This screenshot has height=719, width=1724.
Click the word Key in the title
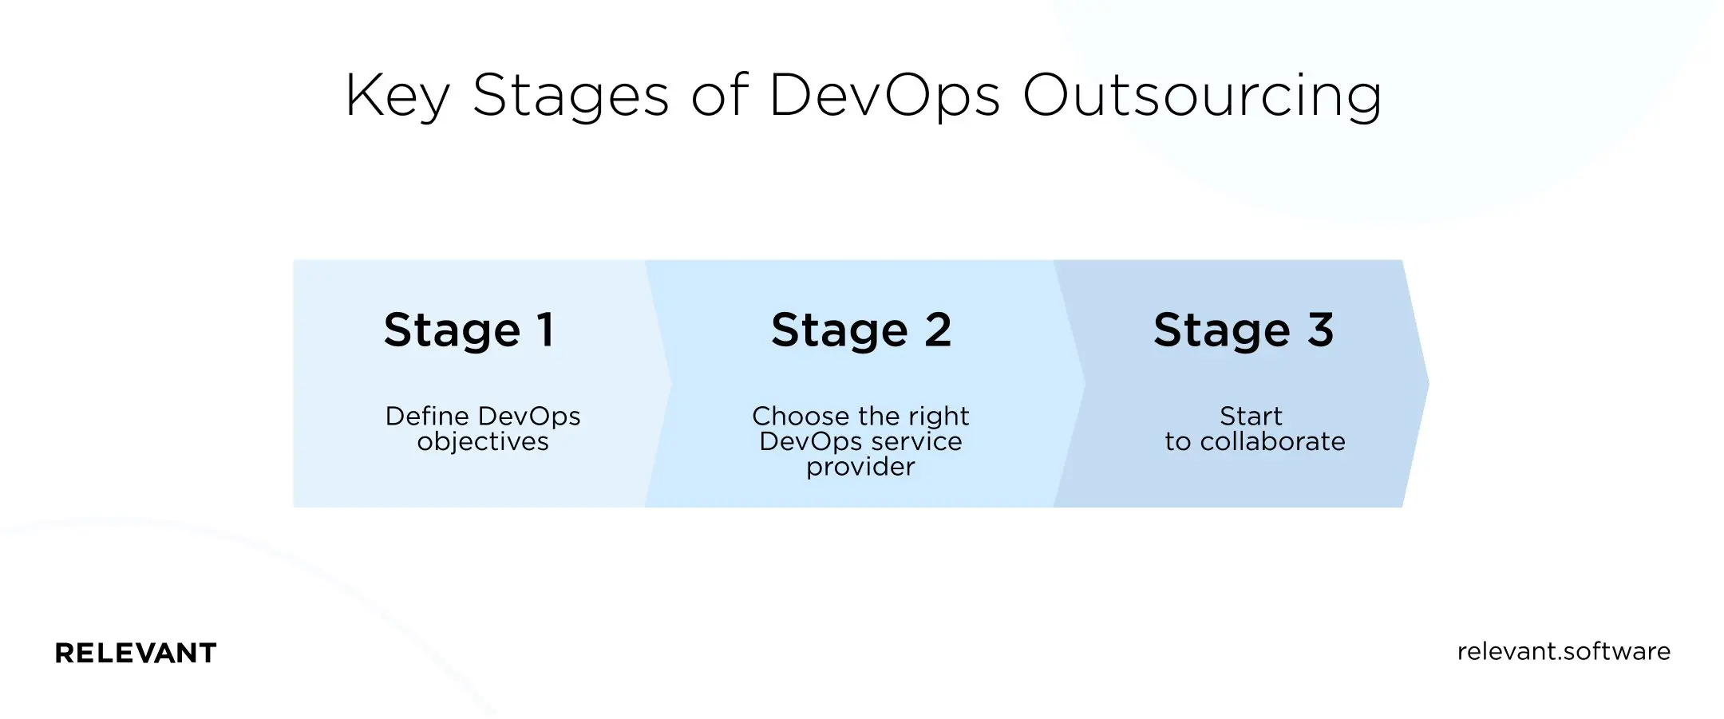click(x=397, y=97)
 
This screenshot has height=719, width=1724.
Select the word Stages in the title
click(x=571, y=97)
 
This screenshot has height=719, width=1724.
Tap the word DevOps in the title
click(x=884, y=97)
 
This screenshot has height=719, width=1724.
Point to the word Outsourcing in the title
click(x=1202, y=97)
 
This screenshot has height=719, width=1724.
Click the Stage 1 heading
click(x=469, y=330)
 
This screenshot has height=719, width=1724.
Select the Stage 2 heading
click(x=861, y=330)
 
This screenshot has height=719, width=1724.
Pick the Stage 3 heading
click(x=1244, y=330)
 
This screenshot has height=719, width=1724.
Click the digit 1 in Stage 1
click(x=546, y=330)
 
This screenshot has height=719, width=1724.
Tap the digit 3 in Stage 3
click(x=1321, y=330)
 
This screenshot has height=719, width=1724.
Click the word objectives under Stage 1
click(x=483, y=442)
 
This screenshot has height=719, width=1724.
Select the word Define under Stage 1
click(x=427, y=416)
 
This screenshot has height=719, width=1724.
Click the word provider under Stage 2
click(x=860, y=467)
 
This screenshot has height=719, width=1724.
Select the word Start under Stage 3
click(x=1251, y=416)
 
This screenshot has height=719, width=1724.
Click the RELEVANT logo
click(x=136, y=653)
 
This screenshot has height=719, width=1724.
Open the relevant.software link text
click(x=1563, y=651)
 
